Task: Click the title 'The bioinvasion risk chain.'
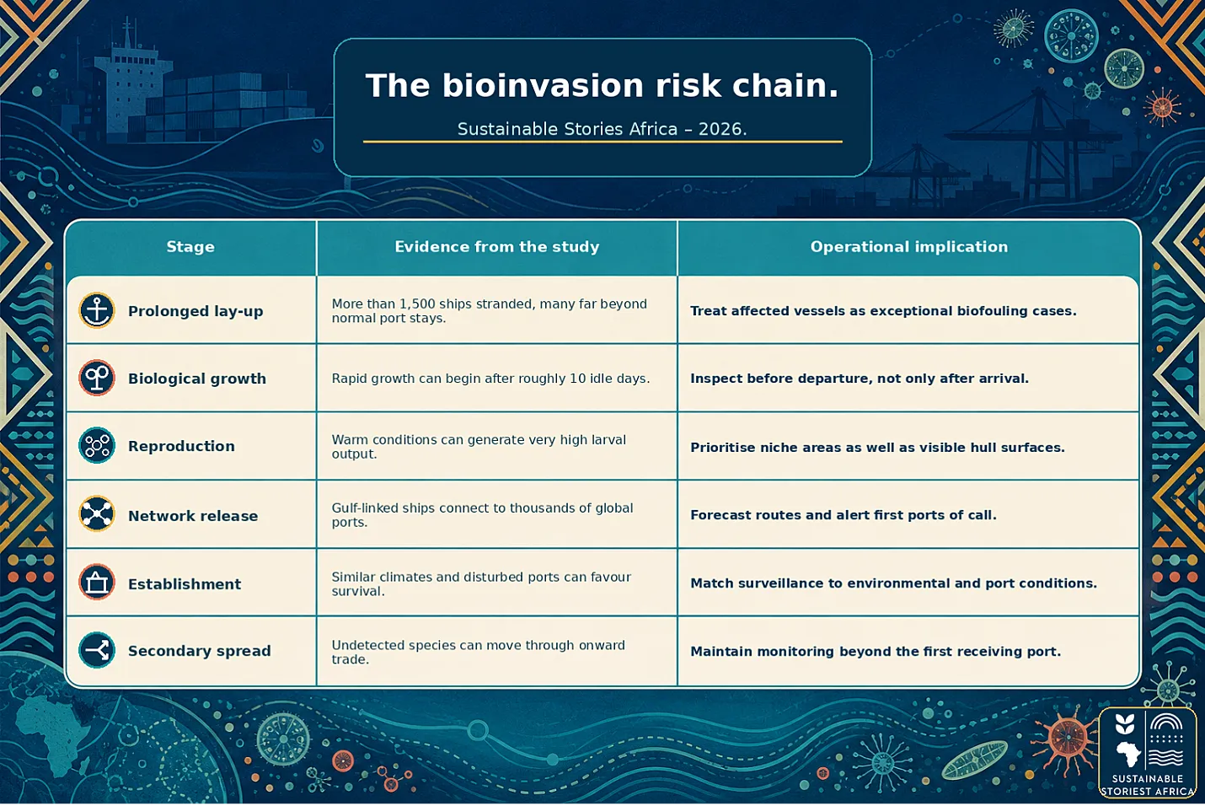tap(602, 85)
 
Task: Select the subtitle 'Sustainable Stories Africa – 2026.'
tap(602, 129)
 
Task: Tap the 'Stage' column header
tap(190, 247)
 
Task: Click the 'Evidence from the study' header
tap(497, 247)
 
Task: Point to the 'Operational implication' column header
tap(909, 247)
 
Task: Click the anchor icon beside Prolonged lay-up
tap(97, 310)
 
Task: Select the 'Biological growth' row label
tap(197, 379)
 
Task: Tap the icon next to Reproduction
tap(97, 445)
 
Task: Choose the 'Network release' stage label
tap(193, 516)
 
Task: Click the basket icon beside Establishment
tap(97, 583)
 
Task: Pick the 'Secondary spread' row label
tap(200, 651)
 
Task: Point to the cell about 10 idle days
tap(490, 379)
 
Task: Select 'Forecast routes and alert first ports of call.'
tap(843, 515)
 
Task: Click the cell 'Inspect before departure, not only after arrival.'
tap(860, 379)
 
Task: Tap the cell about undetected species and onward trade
tap(479, 652)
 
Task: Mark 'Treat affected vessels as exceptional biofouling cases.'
tap(883, 311)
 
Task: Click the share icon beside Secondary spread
tap(97, 650)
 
